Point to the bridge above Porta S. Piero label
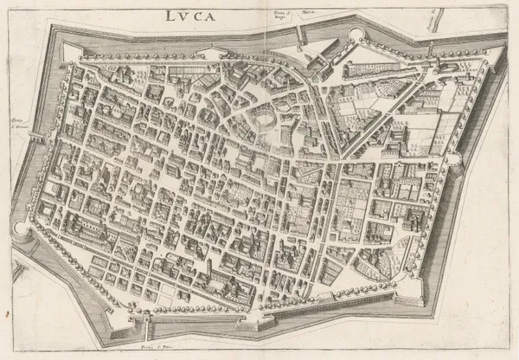[x=148, y=329]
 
